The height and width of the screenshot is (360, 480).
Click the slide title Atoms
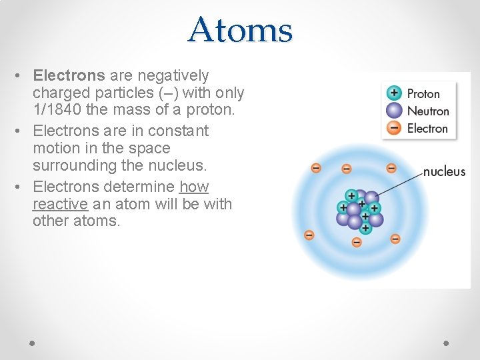(240, 30)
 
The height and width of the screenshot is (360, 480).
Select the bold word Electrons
(69, 76)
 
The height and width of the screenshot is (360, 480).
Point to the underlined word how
(194, 187)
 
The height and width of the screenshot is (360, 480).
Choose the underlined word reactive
(60, 204)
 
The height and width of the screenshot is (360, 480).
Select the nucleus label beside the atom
(444, 171)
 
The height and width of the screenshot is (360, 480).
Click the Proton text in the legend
(423, 94)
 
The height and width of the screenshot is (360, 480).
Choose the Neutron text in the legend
(427, 111)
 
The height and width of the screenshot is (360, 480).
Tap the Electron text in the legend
(427, 128)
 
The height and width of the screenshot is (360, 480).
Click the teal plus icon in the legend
(395, 93)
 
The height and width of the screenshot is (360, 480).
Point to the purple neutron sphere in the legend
(395, 111)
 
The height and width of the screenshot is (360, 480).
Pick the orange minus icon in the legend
(395, 128)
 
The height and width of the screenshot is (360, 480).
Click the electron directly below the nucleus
(357, 242)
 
